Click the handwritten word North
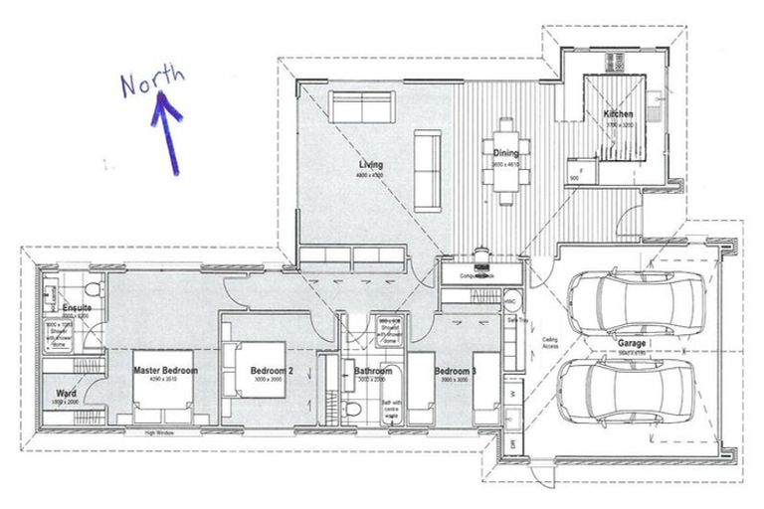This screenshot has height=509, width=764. coord(152,81)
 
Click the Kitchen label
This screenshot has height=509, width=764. coord(618,114)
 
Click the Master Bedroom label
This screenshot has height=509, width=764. coord(166,370)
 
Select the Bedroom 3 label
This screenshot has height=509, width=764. coord(455,372)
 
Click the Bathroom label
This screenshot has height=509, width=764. coord(373,373)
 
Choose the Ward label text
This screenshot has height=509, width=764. coord(68,393)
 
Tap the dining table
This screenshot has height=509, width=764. coord(507,159)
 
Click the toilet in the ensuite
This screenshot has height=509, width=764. coord(92,289)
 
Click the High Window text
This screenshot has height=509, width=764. coord(160,433)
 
